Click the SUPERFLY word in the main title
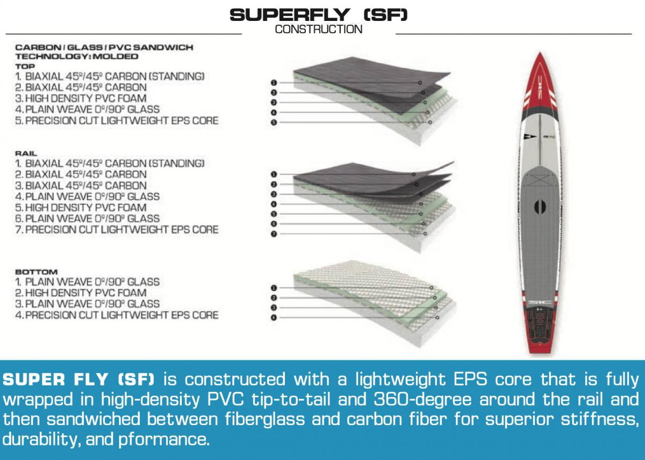290,14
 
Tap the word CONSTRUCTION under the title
318,30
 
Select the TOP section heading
25,67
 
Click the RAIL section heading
26,154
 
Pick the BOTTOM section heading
37,272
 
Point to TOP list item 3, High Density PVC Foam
81,98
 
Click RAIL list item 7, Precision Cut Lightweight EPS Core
117,229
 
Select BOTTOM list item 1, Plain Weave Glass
88,282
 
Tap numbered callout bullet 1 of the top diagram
274,83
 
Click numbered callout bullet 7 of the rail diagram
274,233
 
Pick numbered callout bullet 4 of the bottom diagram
274,317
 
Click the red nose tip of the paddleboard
540,54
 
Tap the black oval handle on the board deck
540,207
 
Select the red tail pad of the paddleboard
540,331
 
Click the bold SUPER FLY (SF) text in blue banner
78,379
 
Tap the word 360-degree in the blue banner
422,400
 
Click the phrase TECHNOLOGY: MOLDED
77,56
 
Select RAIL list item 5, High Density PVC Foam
81,208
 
